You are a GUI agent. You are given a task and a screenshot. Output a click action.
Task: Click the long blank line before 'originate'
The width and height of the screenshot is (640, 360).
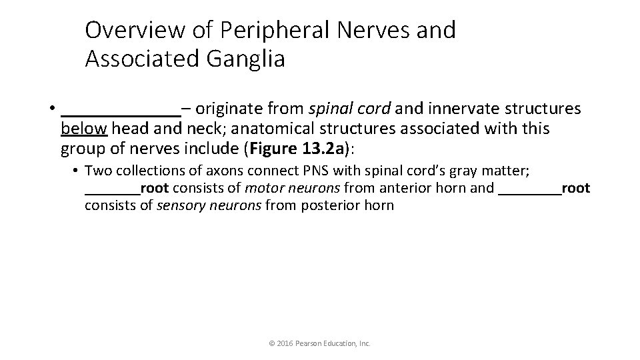pos(121,109)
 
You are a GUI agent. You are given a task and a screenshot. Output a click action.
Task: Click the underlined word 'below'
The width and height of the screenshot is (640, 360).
pos(84,127)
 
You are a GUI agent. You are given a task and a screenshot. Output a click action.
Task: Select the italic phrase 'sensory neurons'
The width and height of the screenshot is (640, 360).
pos(209,205)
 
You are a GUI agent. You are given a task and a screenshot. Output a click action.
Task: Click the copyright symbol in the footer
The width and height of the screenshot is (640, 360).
pos(271,344)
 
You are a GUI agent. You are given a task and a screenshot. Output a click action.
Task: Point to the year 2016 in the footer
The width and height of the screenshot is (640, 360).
pos(283,344)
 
